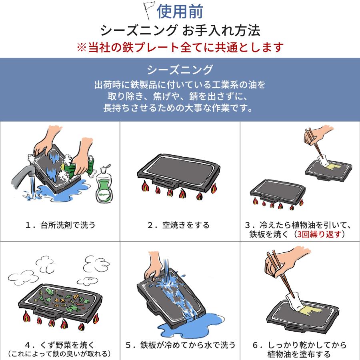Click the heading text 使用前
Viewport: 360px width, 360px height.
pos(180,12)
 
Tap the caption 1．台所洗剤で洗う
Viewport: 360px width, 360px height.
pos(60,225)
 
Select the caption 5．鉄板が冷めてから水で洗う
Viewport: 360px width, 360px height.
pos(180,345)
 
